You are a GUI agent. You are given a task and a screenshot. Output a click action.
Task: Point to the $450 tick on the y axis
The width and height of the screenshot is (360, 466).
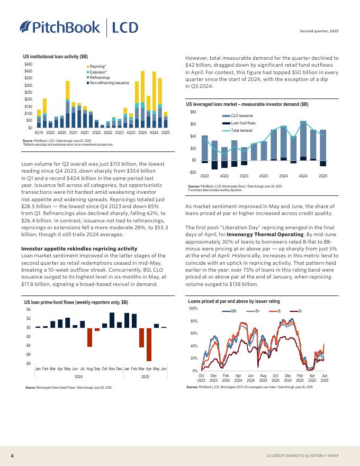pos(29,64)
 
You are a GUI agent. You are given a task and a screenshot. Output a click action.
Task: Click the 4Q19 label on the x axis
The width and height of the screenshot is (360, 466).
pos(39,132)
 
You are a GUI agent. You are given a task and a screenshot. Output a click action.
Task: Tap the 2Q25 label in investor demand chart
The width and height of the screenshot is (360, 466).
pos(323,175)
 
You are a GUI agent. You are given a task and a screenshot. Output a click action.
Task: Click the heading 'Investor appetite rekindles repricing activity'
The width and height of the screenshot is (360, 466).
pos(79,248)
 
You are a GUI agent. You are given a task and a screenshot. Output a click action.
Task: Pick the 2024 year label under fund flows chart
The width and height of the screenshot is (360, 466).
pos(78,377)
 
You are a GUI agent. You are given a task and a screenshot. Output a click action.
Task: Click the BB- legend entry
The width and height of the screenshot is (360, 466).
pos(231,311)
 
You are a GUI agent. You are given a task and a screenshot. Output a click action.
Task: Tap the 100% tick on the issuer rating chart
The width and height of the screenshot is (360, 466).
pos(193,308)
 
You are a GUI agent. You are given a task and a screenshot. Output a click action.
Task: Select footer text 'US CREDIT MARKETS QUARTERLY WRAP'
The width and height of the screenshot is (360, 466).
pos(302,455)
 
